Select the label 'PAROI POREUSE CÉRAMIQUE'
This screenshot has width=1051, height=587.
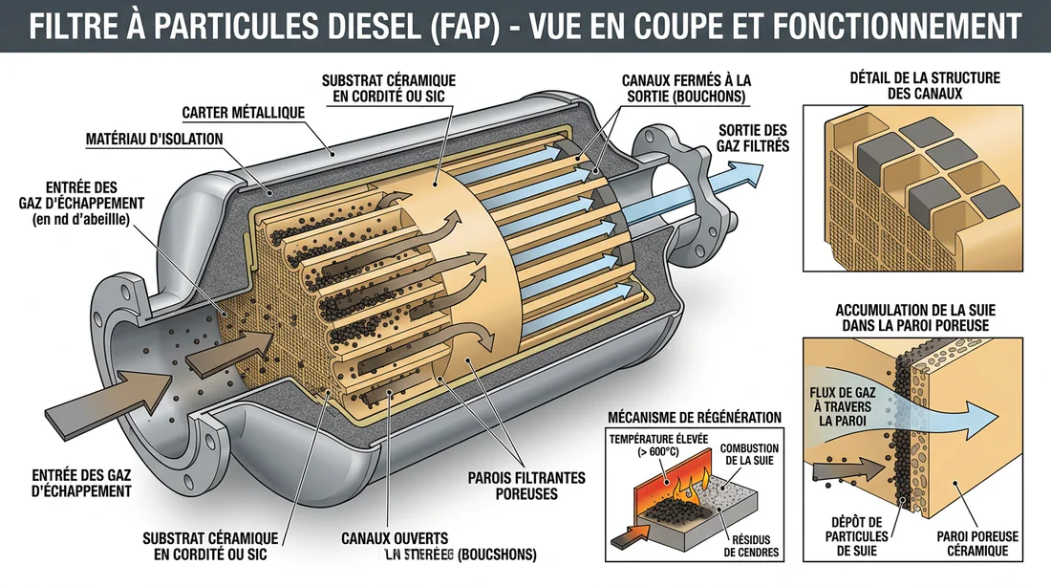coord(972,545)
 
